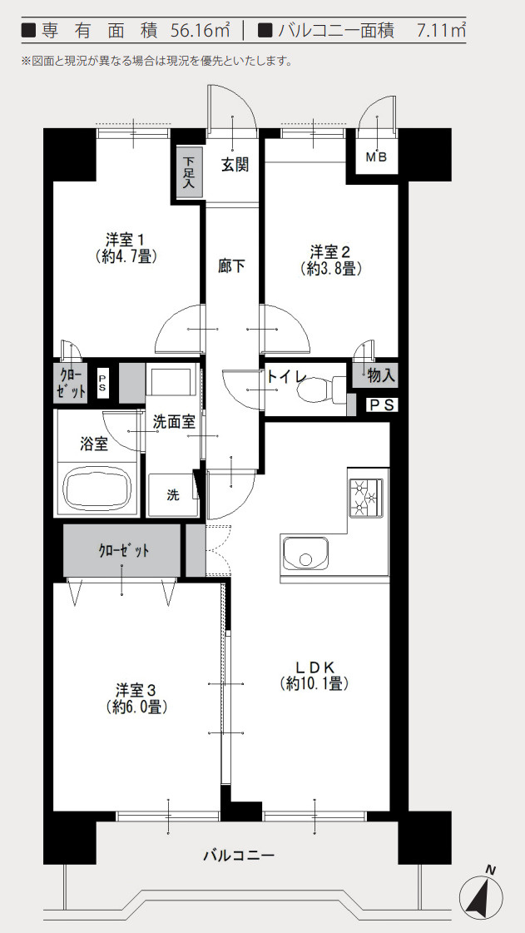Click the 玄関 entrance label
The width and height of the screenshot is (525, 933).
click(x=235, y=164)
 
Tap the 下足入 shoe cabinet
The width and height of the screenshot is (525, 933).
click(x=189, y=171)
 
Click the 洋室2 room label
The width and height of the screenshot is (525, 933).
click(x=330, y=259)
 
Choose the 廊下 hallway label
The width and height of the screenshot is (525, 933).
click(x=231, y=266)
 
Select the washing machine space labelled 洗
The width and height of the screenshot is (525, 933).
click(x=172, y=494)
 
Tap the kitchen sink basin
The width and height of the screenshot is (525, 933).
click(x=305, y=552)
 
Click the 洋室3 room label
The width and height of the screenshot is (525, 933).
click(x=137, y=698)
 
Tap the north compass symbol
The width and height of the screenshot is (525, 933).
click(x=481, y=897)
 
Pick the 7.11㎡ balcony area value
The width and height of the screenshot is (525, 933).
click(x=441, y=32)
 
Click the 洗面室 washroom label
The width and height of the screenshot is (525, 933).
click(x=174, y=422)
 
